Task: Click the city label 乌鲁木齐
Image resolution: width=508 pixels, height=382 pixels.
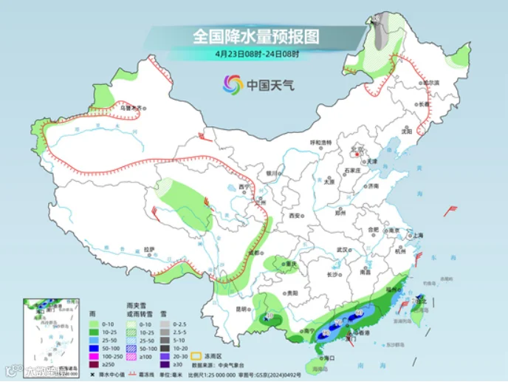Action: (130, 108)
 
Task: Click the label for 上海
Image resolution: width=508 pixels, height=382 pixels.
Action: (418, 234)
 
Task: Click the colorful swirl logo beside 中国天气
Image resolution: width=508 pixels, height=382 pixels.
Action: (233, 84)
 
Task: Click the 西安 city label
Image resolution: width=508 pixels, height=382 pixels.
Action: (295, 215)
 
